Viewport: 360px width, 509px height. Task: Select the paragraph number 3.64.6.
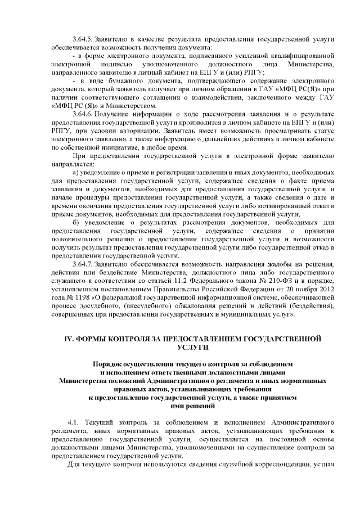pos(84,114)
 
